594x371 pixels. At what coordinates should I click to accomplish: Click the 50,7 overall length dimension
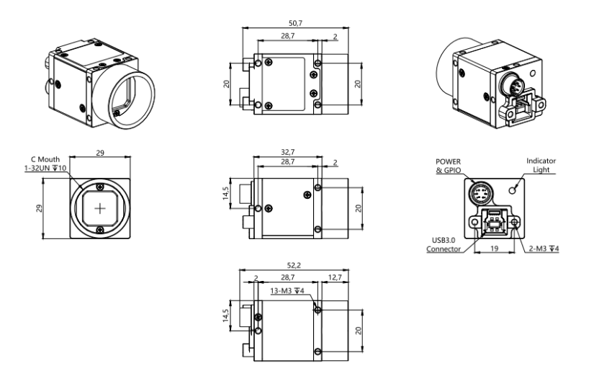coord(295,23)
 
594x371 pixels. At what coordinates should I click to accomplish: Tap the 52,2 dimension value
coord(294,266)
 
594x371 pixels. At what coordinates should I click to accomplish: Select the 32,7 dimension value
coord(287,152)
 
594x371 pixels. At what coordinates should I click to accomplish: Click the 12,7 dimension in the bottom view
coord(335,277)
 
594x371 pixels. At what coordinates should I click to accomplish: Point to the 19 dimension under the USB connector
coord(495,249)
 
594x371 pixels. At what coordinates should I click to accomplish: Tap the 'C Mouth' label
coord(45,159)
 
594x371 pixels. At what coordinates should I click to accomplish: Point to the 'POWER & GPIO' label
coord(448,166)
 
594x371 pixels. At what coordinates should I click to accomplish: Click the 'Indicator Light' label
coord(541,165)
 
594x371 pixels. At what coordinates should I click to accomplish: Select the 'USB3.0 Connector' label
coord(444,244)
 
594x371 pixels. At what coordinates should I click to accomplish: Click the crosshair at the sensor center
coord(100,208)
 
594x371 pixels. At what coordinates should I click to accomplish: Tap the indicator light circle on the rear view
coord(513,189)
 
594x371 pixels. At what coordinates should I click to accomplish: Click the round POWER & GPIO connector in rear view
coord(479,193)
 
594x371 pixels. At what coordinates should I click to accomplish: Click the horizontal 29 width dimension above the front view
coord(100,153)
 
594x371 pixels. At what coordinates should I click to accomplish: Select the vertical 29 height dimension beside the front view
coord(39,208)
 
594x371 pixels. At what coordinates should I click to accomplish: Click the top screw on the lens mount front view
coord(100,187)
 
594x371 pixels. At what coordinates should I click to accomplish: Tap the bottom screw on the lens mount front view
coord(100,230)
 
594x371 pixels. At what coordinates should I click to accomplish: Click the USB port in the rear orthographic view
coord(492,223)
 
